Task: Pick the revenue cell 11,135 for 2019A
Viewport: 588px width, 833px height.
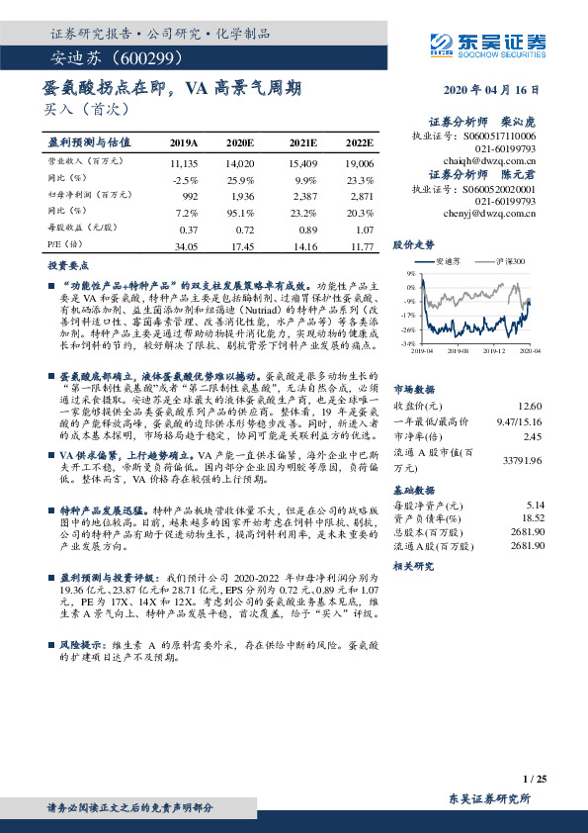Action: pyautogui.click(x=185, y=161)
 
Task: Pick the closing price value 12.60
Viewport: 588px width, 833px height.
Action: pyautogui.click(x=533, y=407)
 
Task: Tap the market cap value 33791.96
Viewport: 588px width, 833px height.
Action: pyautogui.click(x=524, y=460)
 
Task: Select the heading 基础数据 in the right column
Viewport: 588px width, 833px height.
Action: pyautogui.click(x=414, y=489)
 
